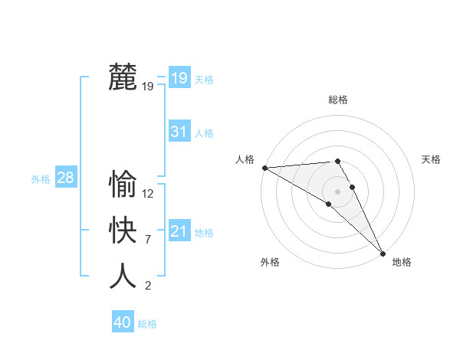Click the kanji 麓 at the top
[123, 77]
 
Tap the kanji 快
[123, 230]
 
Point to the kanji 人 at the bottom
[123, 276]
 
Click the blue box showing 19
[179, 77]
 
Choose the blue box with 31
[179, 132]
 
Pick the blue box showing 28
[65, 178]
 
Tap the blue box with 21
[179, 231]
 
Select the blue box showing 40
[122, 322]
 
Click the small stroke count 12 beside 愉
[148, 194]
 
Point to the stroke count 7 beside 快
[147, 240]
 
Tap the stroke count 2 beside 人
[147, 286]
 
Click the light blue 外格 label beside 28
[41, 179]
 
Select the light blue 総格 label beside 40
[147, 324]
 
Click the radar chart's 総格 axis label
[337, 100]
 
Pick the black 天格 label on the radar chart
[431, 159]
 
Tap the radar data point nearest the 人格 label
[264, 168]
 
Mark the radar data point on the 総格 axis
[337, 161]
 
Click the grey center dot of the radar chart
[337, 191]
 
